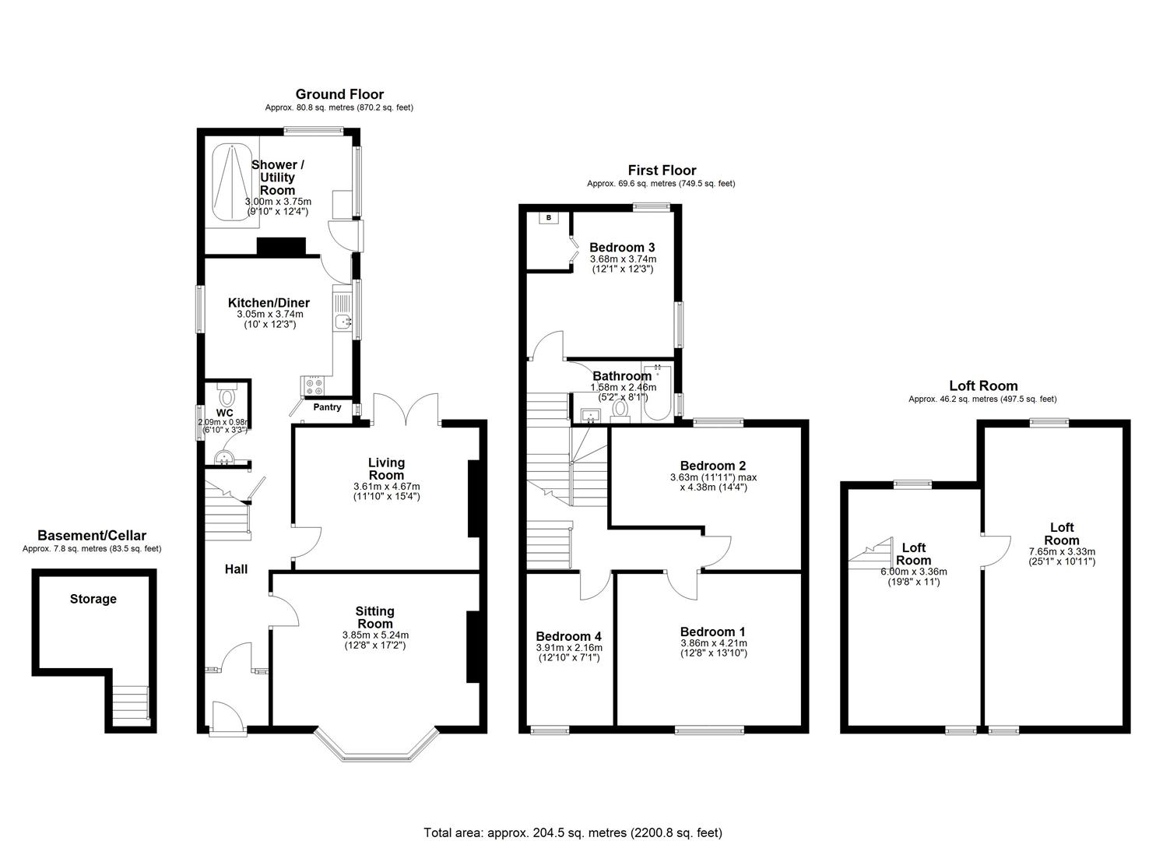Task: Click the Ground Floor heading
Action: click(339, 94)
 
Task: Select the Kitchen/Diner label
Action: click(269, 303)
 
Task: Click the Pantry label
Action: click(327, 407)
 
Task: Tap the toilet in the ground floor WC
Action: click(227, 399)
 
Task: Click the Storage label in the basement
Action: click(93, 599)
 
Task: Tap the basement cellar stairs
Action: click(129, 705)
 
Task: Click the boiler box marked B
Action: click(549, 218)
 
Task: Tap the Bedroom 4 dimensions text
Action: click(569, 653)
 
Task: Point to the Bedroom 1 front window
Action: click(708, 730)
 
